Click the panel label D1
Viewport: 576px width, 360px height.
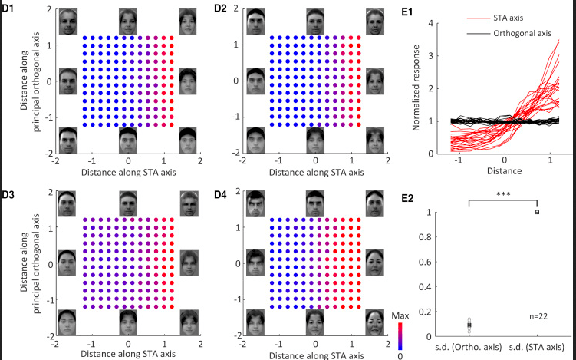(9, 9)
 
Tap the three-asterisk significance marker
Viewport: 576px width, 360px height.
(502, 195)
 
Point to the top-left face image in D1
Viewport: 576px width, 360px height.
(70, 21)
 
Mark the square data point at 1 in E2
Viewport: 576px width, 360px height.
(538, 212)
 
